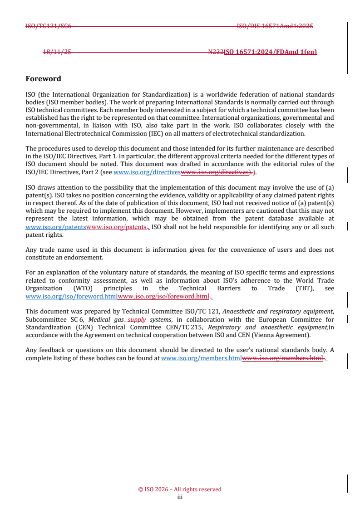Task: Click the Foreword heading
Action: click(x=43, y=78)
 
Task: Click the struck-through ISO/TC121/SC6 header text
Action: click(x=48, y=26)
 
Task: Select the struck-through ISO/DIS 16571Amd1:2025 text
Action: click(x=275, y=26)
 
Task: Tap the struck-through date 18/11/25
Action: click(x=57, y=52)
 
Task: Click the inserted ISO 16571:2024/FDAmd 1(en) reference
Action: click(x=270, y=52)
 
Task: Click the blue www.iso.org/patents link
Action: click(x=55, y=227)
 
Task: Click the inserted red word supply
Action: click(x=137, y=319)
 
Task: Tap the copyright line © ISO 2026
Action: click(x=180, y=489)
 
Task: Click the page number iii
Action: click(x=180, y=497)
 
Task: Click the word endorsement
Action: click(x=86, y=257)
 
